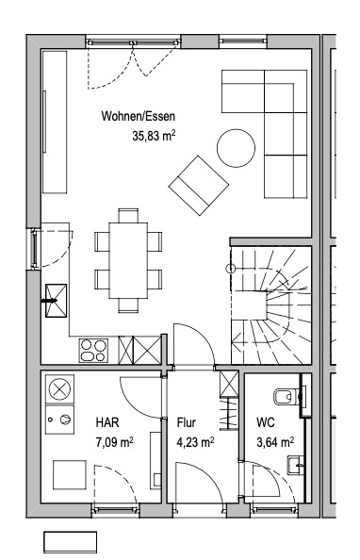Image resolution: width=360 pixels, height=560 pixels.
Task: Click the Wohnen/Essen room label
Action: [x=139, y=116]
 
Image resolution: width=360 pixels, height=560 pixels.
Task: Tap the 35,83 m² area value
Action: [x=154, y=136]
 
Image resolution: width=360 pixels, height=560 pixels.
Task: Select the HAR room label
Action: [x=107, y=422]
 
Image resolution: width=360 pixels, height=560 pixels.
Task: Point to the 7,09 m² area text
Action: [x=114, y=442]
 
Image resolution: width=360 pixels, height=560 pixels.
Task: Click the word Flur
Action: [x=186, y=422]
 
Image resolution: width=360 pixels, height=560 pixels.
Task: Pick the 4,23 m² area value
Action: [x=195, y=442]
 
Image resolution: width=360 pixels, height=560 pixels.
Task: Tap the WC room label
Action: [x=266, y=422]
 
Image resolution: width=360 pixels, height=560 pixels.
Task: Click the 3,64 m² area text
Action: [x=275, y=442]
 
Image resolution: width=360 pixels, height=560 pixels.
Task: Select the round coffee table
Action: [x=236, y=148]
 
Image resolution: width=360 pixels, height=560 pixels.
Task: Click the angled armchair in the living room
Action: [x=199, y=186]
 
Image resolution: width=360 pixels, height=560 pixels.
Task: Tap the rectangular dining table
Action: [x=128, y=260]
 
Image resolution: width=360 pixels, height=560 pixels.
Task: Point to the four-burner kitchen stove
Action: [x=93, y=351]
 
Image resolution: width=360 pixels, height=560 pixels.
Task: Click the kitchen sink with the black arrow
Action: [x=56, y=301]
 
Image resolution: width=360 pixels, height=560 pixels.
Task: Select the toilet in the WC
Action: [x=286, y=396]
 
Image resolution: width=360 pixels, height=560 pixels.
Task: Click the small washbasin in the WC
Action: [x=295, y=466]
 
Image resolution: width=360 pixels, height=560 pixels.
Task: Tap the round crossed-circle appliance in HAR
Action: [x=59, y=389]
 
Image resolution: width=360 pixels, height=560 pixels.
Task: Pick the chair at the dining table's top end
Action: [x=128, y=216]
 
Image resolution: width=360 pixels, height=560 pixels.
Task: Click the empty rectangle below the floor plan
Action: [x=70, y=542]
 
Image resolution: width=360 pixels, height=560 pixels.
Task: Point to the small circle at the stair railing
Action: [x=231, y=268]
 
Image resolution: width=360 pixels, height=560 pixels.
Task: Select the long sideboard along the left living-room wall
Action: [x=55, y=123]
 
